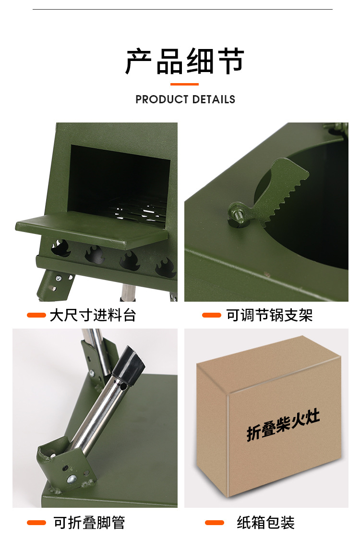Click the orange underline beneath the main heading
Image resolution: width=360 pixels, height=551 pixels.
[184, 84]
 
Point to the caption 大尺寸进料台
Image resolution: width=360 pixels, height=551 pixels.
[93, 315]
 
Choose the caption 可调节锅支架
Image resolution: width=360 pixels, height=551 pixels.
[269, 315]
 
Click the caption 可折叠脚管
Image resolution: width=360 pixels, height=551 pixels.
[89, 523]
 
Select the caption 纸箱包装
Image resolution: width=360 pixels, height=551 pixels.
[265, 523]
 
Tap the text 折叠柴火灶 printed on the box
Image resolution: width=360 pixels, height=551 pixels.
[283, 425]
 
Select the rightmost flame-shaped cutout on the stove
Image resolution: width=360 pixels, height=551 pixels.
[165, 267]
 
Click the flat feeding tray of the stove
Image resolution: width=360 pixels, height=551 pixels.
[91, 230]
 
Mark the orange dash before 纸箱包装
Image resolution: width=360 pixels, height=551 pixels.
[214, 523]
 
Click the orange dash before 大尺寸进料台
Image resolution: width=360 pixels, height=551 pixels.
[36, 315]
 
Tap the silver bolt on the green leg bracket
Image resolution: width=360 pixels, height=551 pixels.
[72, 478]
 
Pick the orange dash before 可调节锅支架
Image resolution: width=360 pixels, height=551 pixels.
[212, 315]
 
